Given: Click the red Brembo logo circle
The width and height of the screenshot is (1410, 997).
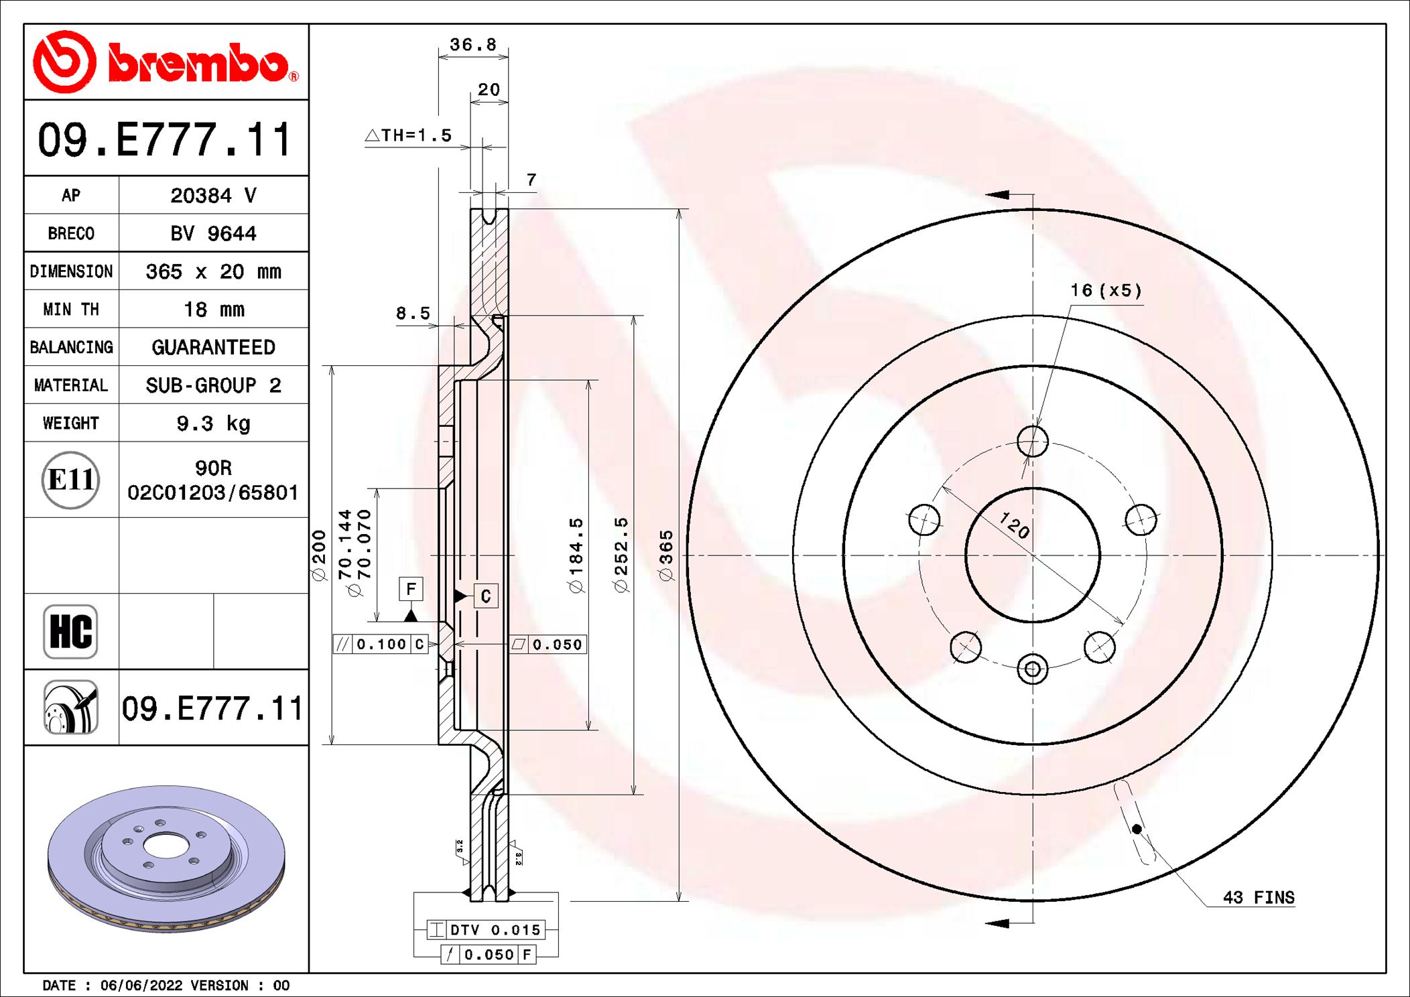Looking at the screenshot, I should tap(65, 62).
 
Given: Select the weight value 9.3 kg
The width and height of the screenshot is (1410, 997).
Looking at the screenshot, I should tap(213, 423).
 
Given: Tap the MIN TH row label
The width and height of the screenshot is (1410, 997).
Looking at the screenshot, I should tap(71, 310).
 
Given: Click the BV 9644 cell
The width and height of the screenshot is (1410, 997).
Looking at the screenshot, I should tap(213, 233).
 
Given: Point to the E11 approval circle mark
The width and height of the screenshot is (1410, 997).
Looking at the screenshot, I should tap(70, 480).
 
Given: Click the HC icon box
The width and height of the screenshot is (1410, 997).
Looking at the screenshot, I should tap(70, 631).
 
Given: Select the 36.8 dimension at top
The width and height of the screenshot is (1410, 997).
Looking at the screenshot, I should tap(472, 45).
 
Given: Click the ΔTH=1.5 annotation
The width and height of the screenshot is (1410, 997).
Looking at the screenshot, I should tap(409, 135).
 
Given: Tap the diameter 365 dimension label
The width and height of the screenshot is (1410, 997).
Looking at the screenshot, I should tap(665, 555).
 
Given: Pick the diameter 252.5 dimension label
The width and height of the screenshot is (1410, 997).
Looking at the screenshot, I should tap(621, 555).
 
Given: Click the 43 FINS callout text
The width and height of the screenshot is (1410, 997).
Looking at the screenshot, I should tap(1258, 897).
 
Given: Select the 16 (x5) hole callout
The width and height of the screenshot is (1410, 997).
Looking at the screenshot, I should tap(1106, 290).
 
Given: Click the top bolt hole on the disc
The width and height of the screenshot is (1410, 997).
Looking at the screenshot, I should tap(1032, 442).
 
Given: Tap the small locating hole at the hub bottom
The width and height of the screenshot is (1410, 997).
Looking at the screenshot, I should tap(1032, 669).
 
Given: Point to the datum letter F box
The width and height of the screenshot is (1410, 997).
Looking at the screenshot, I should tap(411, 589).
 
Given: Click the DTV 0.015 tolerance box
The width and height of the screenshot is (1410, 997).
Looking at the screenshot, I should tap(486, 929).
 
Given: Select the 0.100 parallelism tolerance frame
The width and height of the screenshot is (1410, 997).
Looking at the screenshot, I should tap(381, 644).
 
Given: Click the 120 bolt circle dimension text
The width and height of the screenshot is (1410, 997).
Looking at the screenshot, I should tap(1014, 525).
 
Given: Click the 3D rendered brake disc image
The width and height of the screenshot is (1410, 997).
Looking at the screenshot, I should tap(166, 858).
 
